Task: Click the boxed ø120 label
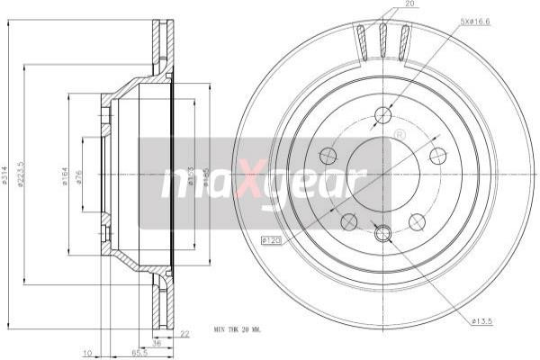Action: tap(271, 239)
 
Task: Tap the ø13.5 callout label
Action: tap(484, 320)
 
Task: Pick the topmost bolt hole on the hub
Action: tap(382, 114)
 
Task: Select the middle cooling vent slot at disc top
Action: tap(382, 40)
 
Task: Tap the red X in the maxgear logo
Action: tap(248, 183)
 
